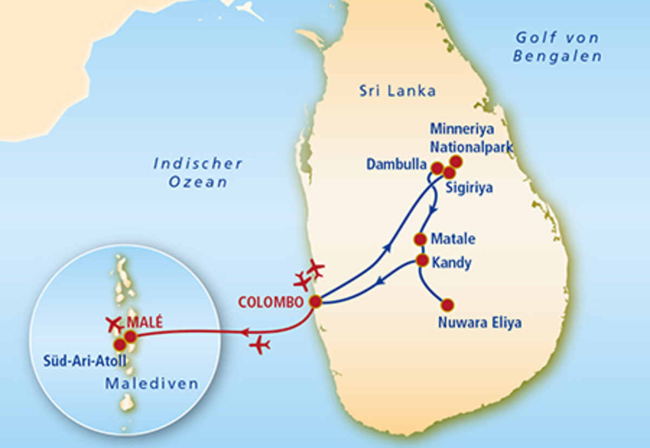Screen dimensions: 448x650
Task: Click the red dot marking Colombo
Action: tap(315, 302)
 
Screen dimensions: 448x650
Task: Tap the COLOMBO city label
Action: tap(270, 302)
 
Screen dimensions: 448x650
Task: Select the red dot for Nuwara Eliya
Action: tap(447, 305)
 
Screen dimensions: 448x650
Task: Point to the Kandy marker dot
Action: tap(422, 261)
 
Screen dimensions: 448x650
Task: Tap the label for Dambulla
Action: tap(396, 165)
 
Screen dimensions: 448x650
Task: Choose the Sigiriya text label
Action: tap(469, 189)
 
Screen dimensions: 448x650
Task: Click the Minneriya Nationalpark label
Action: tap(471, 138)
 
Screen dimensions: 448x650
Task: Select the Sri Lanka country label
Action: tap(397, 90)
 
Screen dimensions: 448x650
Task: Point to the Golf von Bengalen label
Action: tap(557, 47)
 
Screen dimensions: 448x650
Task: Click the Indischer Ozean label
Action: tap(198, 172)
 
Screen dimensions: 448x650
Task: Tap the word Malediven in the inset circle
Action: tap(152, 384)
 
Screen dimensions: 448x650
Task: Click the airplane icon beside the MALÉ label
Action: tap(114, 324)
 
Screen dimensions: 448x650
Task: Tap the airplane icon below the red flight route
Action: tap(261, 345)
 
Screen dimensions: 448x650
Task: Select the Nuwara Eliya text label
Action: tap(480, 324)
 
